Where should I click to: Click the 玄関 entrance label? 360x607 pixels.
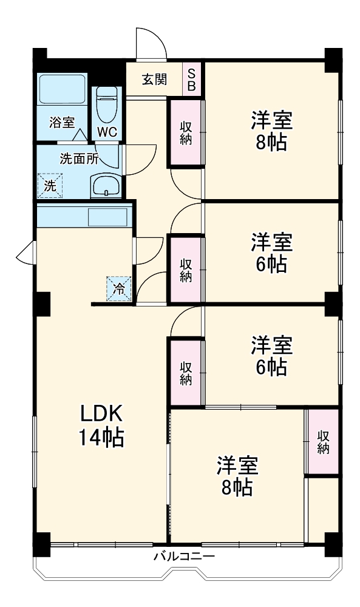click(x=155, y=79)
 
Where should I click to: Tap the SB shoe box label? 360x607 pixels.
click(x=191, y=80)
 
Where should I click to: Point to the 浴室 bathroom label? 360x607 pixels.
click(x=61, y=122)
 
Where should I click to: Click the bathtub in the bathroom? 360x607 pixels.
click(x=62, y=91)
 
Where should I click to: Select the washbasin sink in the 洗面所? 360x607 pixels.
click(x=107, y=185)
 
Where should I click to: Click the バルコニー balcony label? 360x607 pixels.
click(x=185, y=556)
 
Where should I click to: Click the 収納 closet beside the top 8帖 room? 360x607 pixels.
click(x=186, y=132)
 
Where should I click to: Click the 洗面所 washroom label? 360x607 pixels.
click(x=78, y=159)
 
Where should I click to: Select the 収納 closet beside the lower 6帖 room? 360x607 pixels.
click(x=186, y=372)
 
